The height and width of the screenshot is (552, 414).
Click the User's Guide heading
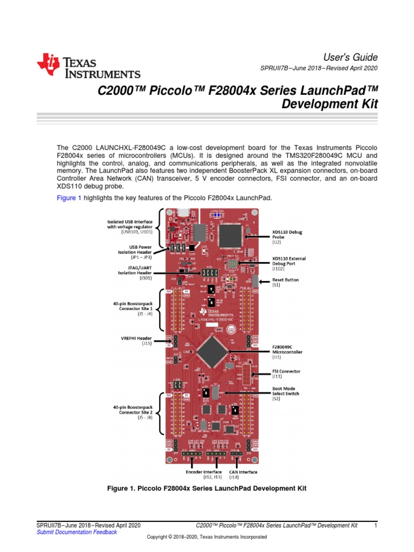click(x=350, y=57)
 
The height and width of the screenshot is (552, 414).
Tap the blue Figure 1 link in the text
click(x=69, y=198)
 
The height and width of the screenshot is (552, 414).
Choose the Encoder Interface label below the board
click(x=204, y=474)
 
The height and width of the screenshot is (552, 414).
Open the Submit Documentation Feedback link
click(x=76, y=532)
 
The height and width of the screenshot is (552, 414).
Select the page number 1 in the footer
click(x=375, y=525)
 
